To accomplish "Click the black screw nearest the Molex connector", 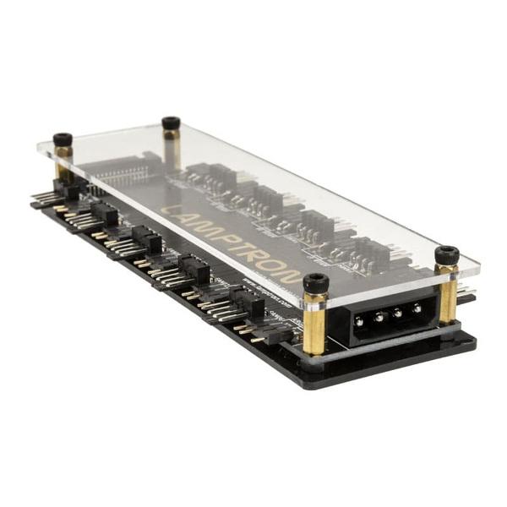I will point(316,282).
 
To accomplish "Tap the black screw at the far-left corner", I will point(62,140).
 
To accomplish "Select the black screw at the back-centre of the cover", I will point(171,123).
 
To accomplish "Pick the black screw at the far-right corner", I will point(446,254).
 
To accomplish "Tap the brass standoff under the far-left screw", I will point(63,165).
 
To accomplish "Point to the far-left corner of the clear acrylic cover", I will point(39,145).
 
